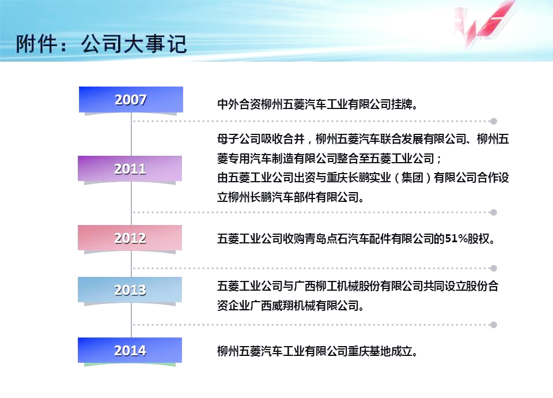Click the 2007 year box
(x=131, y=100)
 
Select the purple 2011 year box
(x=130, y=169)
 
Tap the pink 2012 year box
(x=130, y=238)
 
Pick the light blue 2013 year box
(x=130, y=290)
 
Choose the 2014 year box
(x=130, y=350)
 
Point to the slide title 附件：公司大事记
(x=101, y=44)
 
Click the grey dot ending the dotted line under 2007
(x=494, y=121)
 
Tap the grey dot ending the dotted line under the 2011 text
(x=494, y=212)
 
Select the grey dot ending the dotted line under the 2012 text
(x=494, y=268)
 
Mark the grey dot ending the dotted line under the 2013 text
(x=494, y=325)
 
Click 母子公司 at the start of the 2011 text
(x=238, y=139)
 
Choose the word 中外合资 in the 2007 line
(x=238, y=104)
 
